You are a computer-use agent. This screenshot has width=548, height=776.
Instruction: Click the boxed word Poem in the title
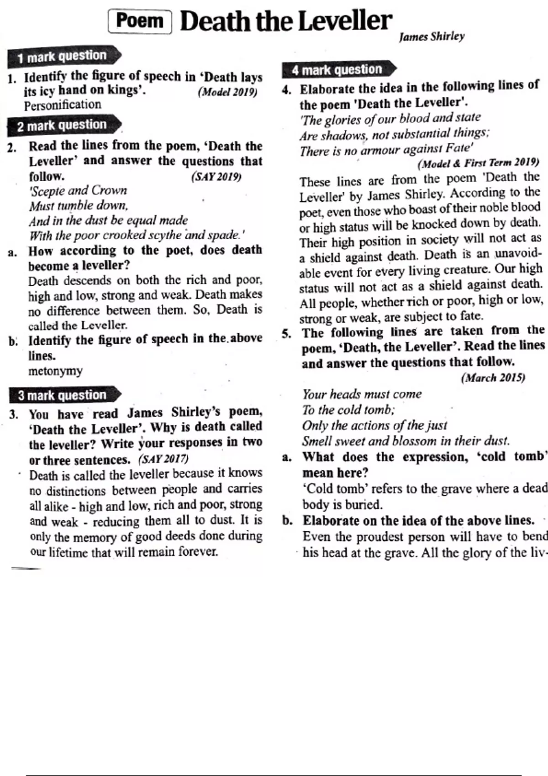click(140, 21)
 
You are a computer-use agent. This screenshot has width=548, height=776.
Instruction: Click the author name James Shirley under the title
click(432, 37)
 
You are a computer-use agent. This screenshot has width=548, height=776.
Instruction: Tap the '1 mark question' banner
click(62, 57)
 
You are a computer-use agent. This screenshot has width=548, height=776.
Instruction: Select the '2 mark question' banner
click(62, 126)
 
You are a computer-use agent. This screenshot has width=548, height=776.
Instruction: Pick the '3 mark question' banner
click(62, 395)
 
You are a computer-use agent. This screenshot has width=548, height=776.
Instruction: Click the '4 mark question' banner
click(337, 70)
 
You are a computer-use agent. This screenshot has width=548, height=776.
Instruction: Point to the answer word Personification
click(63, 105)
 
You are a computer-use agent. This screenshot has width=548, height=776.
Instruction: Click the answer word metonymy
click(55, 371)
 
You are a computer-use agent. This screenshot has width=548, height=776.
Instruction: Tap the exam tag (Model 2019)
click(227, 92)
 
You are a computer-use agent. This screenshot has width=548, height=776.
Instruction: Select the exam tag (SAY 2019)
click(216, 176)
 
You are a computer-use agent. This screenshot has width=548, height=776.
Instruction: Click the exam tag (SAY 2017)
click(163, 458)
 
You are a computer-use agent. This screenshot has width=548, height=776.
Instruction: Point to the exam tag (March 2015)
click(493, 378)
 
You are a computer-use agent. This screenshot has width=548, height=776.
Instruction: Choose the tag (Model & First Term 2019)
click(478, 163)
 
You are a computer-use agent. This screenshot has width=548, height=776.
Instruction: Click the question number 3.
click(14, 414)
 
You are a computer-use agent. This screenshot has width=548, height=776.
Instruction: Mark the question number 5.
click(286, 333)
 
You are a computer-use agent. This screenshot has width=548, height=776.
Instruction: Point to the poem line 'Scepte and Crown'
click(78, 190)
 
